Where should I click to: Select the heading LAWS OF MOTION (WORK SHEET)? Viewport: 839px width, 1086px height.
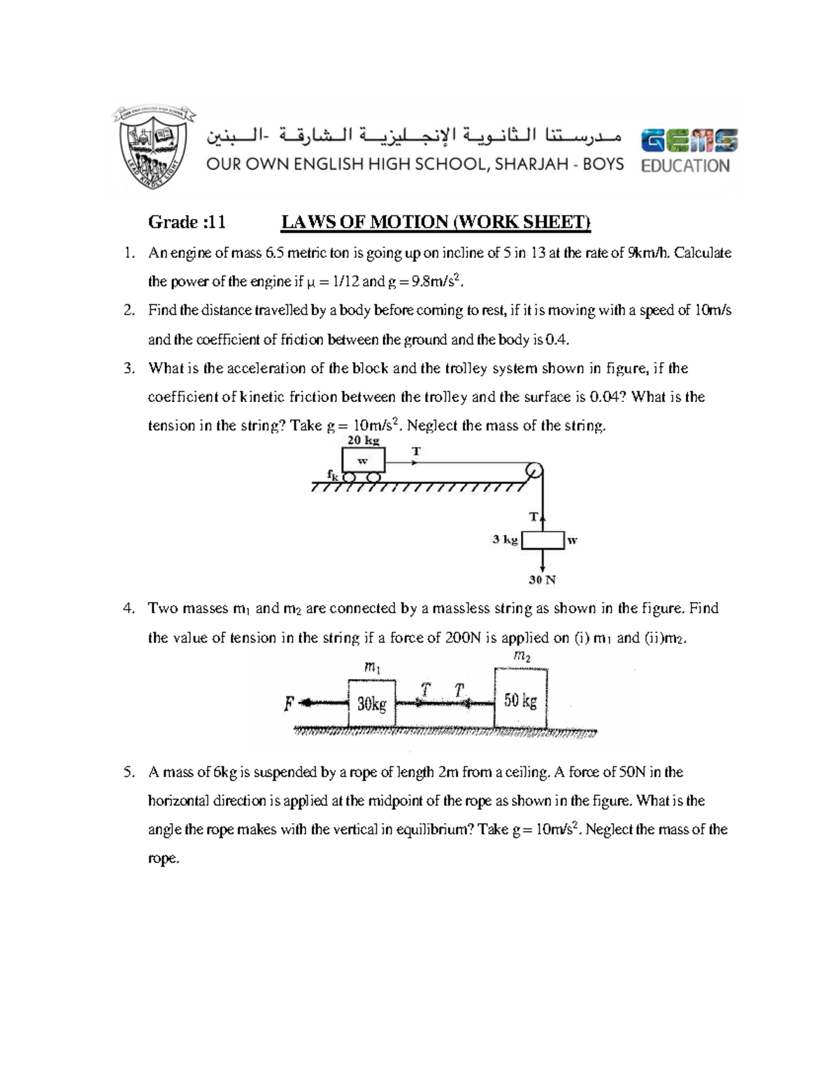click(x=436, y=222)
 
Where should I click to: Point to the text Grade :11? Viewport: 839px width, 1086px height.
click(x=187, y=222)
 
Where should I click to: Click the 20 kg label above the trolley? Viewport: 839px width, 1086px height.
click(x=363, y=440)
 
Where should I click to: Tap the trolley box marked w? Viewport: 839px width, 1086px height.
click(x=363, y=461)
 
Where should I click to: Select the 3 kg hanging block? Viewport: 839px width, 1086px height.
click(x=543, y=541)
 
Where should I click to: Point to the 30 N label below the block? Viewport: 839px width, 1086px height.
click(x=542, y=580)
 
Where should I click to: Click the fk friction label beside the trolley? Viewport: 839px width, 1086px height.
click(x=332, y=474)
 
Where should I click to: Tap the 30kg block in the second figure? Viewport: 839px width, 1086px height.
click(x=371, y=703)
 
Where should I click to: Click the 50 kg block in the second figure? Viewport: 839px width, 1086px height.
click(x=520, y=699)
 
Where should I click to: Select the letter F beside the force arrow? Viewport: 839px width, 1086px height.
click(x=288, y=704)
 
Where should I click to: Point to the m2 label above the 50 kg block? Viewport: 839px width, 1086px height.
click(x=522, y=656)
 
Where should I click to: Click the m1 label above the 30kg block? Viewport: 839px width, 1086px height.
click(x=372, y=669)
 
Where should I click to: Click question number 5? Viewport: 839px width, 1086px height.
click(x=127, y=773)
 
